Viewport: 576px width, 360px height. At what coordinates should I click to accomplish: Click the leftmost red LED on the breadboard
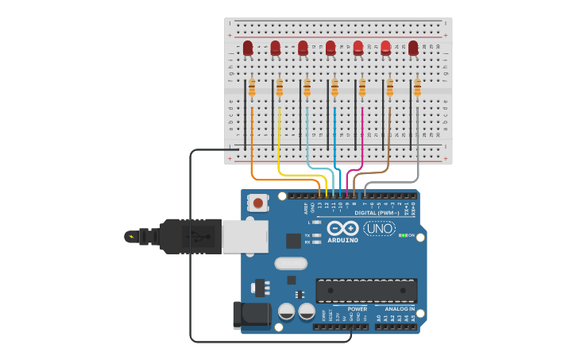(248, 48)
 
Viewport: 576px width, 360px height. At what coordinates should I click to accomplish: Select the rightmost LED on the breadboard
(413, 48)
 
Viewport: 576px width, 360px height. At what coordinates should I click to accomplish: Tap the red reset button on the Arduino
(258, 203)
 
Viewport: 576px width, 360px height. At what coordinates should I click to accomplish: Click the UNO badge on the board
(379, 229)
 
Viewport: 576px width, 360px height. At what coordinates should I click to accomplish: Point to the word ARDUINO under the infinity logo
(342, 240)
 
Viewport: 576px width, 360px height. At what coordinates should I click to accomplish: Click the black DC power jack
(250, 315)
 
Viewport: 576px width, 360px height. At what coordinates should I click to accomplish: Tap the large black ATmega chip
(366, 291)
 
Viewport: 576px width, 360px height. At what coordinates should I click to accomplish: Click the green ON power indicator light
(403, 235)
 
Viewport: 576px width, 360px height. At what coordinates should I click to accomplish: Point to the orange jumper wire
(252, 143)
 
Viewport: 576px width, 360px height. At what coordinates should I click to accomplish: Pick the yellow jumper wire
(280, 143)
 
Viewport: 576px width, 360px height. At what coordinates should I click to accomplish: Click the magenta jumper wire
(362, 143)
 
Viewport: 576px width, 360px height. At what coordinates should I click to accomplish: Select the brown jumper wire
(389, 143)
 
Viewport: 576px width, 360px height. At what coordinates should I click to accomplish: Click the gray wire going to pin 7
(417, 143)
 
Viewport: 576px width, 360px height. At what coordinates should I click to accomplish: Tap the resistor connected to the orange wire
(252, 88)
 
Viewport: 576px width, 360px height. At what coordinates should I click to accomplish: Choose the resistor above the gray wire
(417, 88)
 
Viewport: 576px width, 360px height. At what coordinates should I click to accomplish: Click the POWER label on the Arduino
(357, 309)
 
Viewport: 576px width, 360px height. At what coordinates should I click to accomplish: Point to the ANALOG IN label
(400, 309)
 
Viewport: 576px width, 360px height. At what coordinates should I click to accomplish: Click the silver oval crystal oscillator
(290, 264)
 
